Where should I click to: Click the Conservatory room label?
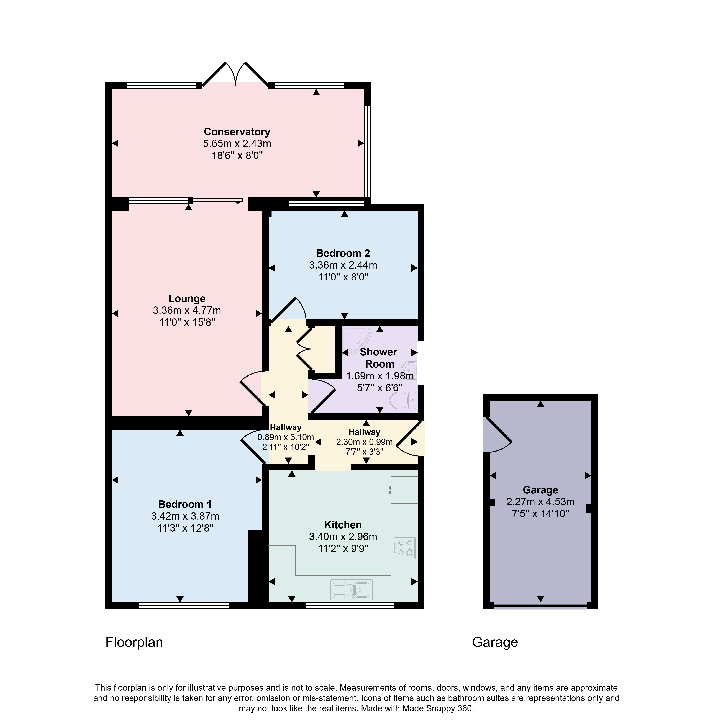(x=237, y=132)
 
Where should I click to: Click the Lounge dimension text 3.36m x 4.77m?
(x=187, y=310)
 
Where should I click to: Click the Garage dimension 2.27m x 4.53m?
(x=540, y=502)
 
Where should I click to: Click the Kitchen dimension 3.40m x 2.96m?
(x=343, y=537)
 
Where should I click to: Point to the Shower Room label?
(x=379, y=358)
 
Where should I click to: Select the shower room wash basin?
(x=411, y=371)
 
